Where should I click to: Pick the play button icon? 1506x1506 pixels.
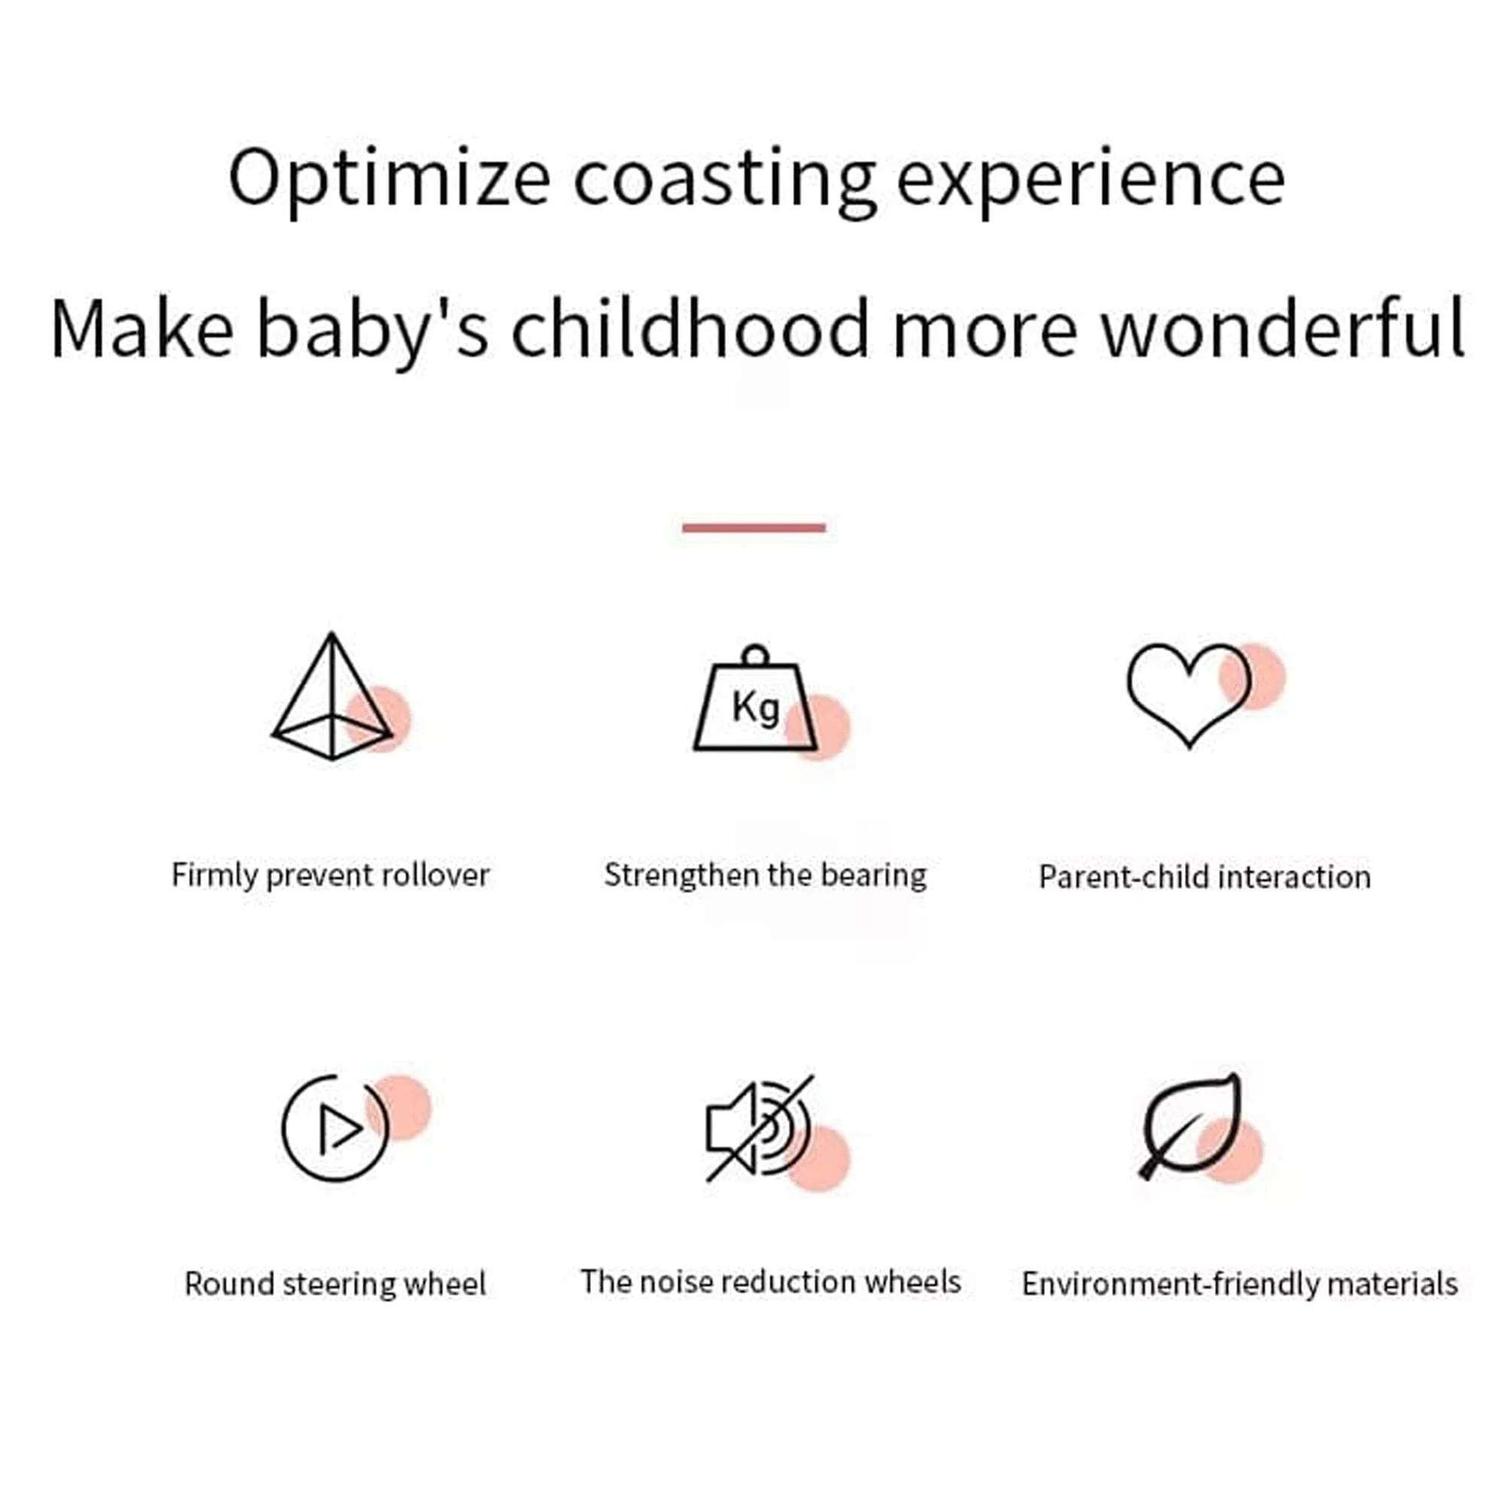[334, 1128]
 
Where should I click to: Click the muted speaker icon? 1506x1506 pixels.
[758, 1128]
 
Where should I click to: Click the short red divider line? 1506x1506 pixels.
[753, 528]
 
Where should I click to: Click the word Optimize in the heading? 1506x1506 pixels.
[389, 179]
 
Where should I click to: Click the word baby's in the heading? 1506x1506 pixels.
[373, 329]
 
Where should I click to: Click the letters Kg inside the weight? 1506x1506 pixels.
[755, 708]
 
